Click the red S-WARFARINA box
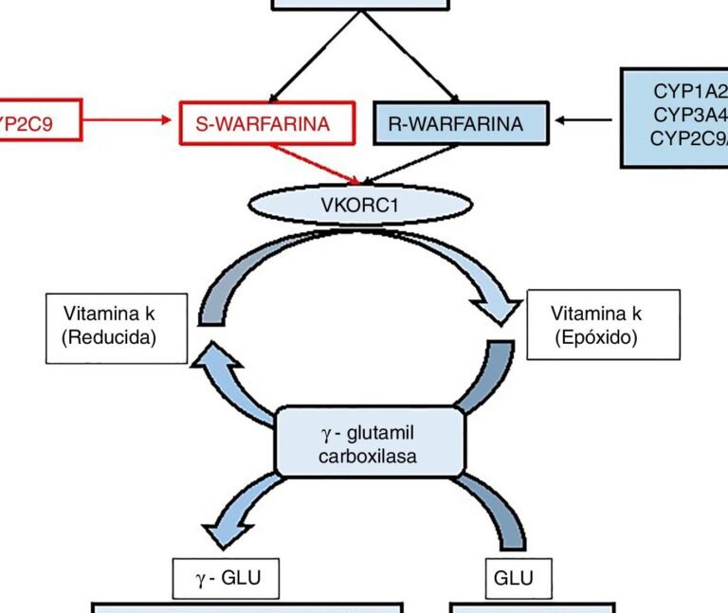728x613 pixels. click(268, 123)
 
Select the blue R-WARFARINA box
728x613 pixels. click(462, 123)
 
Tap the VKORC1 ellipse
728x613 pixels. click(360, 205)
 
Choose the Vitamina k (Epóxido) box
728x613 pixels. click(603, 324)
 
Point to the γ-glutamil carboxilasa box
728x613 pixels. click(370, 442)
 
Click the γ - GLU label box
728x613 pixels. click(226, 578)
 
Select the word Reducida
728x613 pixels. click(110, 337)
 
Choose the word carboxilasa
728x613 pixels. click(371, 454)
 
